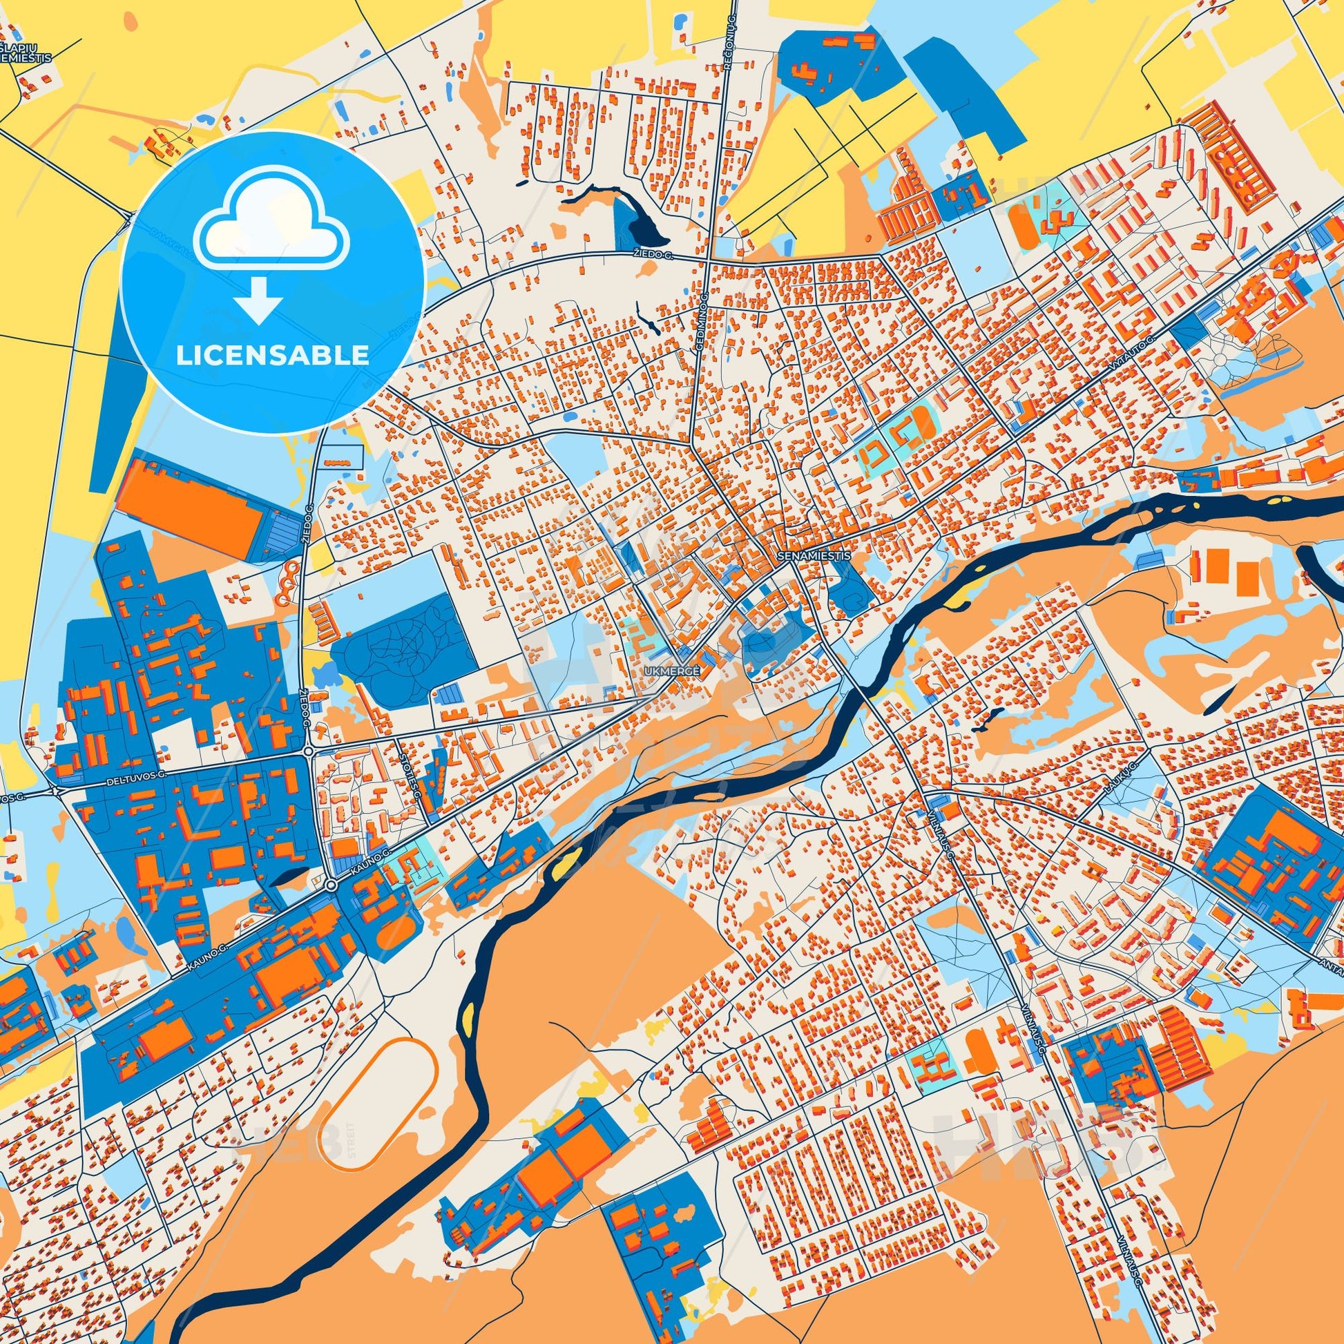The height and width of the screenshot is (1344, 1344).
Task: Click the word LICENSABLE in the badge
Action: (x=272, y=356)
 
